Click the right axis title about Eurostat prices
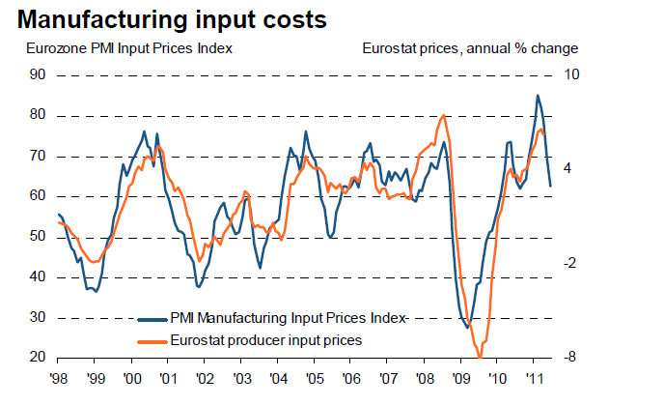[x=470, y=47]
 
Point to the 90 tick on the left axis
[x=37, y=74]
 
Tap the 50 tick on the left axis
[x=37, y=236]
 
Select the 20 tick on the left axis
[x=37, y=358]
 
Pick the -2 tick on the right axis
[x=568, y=263]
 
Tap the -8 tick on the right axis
[x=568, y=358]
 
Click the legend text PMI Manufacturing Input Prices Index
[x=288, y=317]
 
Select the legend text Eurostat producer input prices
[x=266, y=339]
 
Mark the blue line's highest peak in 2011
[x=538, y=95]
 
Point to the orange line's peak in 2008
[x=443, y=116]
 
